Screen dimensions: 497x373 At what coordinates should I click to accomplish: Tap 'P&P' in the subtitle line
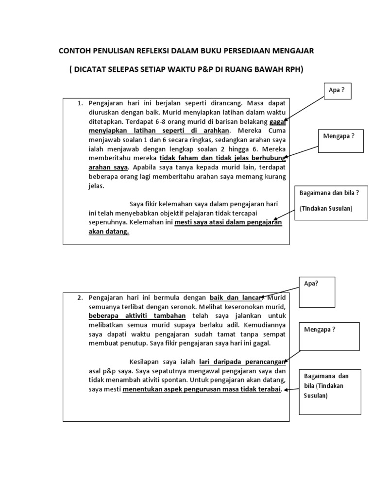[197, 69]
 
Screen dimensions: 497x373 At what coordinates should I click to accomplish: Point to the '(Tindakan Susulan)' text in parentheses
[326, 208]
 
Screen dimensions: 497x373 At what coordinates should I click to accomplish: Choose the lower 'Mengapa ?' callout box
[329, 336]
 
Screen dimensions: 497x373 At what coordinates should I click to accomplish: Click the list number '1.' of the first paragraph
[81, 103]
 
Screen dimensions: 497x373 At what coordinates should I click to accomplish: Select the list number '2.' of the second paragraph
[81, 298]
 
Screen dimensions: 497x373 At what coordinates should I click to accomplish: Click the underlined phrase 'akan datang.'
[109, 232]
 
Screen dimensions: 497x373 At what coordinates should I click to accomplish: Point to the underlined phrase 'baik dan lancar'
[236, 298]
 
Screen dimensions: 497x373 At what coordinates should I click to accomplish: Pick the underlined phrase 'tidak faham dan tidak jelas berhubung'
[222, 158]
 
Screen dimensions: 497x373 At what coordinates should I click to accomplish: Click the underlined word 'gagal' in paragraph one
[278, 121]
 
